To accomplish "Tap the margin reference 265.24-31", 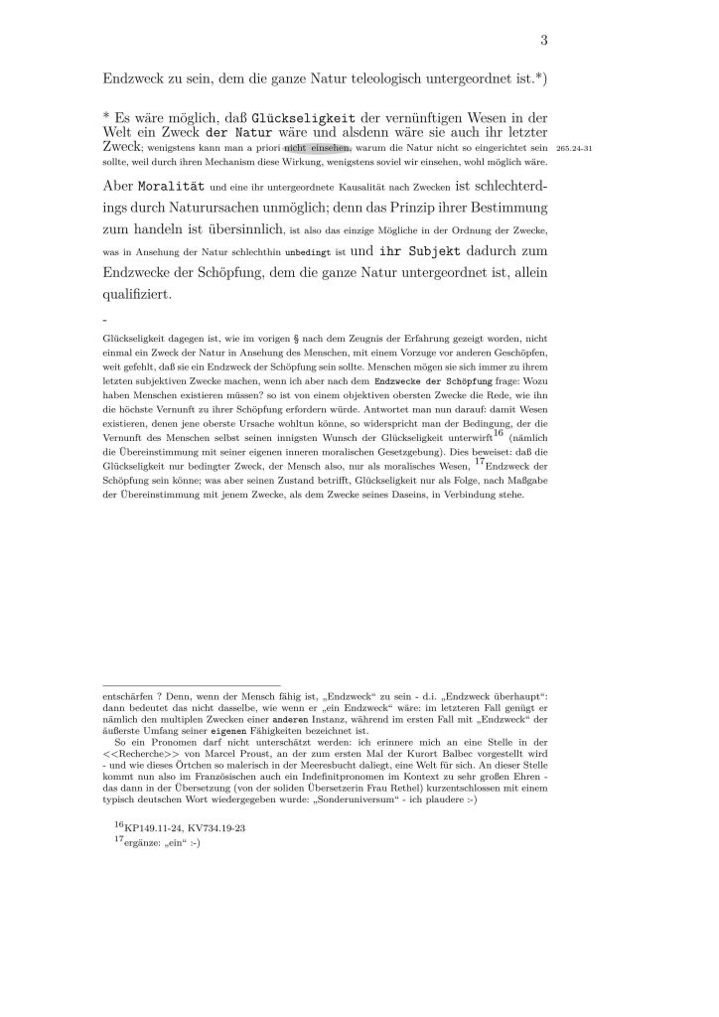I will [575, 147].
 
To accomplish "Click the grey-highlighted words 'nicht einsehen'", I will [317, 147].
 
